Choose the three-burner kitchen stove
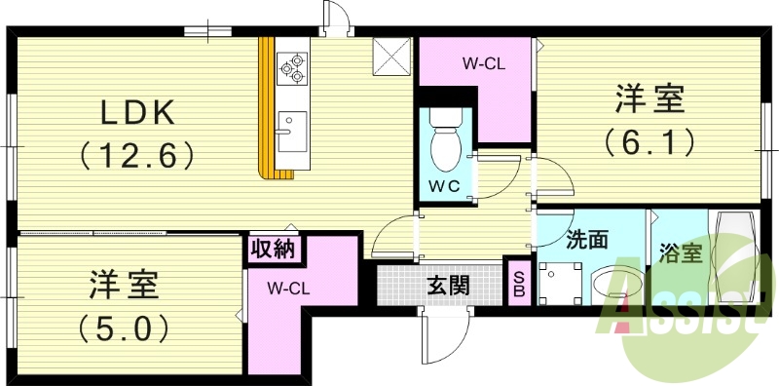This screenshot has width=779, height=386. tap(291, 64)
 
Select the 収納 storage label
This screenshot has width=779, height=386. tap(274, 249)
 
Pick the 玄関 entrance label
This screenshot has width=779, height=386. tap(449, 285)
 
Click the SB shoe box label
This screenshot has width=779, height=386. tap(519, 282)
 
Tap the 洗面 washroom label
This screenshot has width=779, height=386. tap(588, 237)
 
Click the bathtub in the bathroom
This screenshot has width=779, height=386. tap(734, 256)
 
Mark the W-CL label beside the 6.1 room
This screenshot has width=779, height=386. tap(483, 64)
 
